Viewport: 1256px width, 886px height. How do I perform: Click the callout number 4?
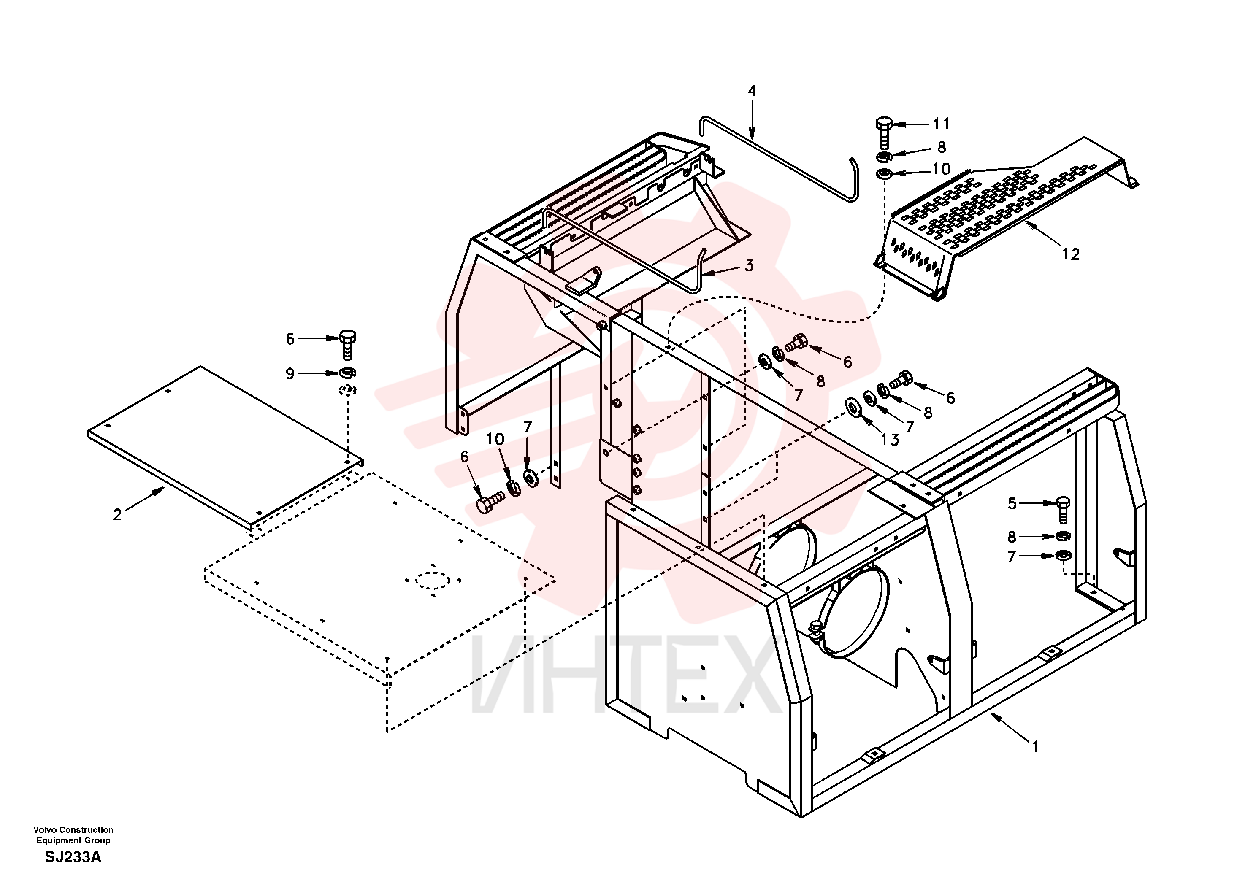click(752, 90)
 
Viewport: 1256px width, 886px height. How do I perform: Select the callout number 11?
click(941, 124)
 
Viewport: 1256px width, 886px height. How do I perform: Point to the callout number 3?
click(749, 265)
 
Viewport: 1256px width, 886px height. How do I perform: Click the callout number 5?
click(1012, 503)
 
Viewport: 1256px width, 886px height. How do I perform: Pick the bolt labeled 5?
click(1063, 509)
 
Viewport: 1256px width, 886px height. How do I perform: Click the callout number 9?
click(290, 373)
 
